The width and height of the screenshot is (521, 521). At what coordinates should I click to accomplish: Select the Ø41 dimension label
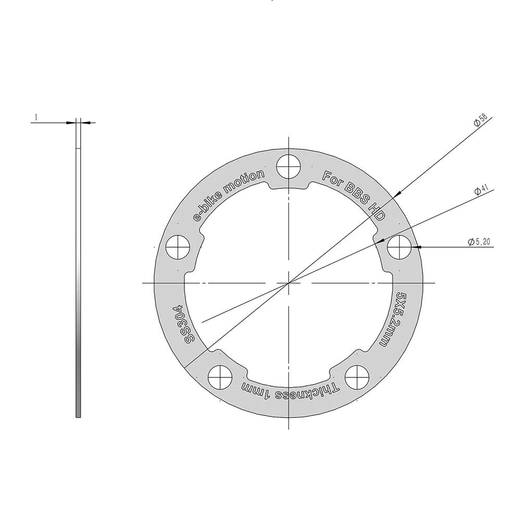point(480,191)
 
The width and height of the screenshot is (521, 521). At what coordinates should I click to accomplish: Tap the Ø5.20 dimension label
point(479,242)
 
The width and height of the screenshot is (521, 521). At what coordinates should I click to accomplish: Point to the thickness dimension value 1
point(36,118)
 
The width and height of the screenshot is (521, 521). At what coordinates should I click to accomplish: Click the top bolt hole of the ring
point(289,167)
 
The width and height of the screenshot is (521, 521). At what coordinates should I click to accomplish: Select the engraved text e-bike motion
point(228,195)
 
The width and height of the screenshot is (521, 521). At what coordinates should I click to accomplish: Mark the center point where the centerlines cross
point(289,283)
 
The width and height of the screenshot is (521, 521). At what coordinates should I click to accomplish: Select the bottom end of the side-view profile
point(78,416)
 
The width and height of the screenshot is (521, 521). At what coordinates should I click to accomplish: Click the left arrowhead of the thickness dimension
point(71,123)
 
